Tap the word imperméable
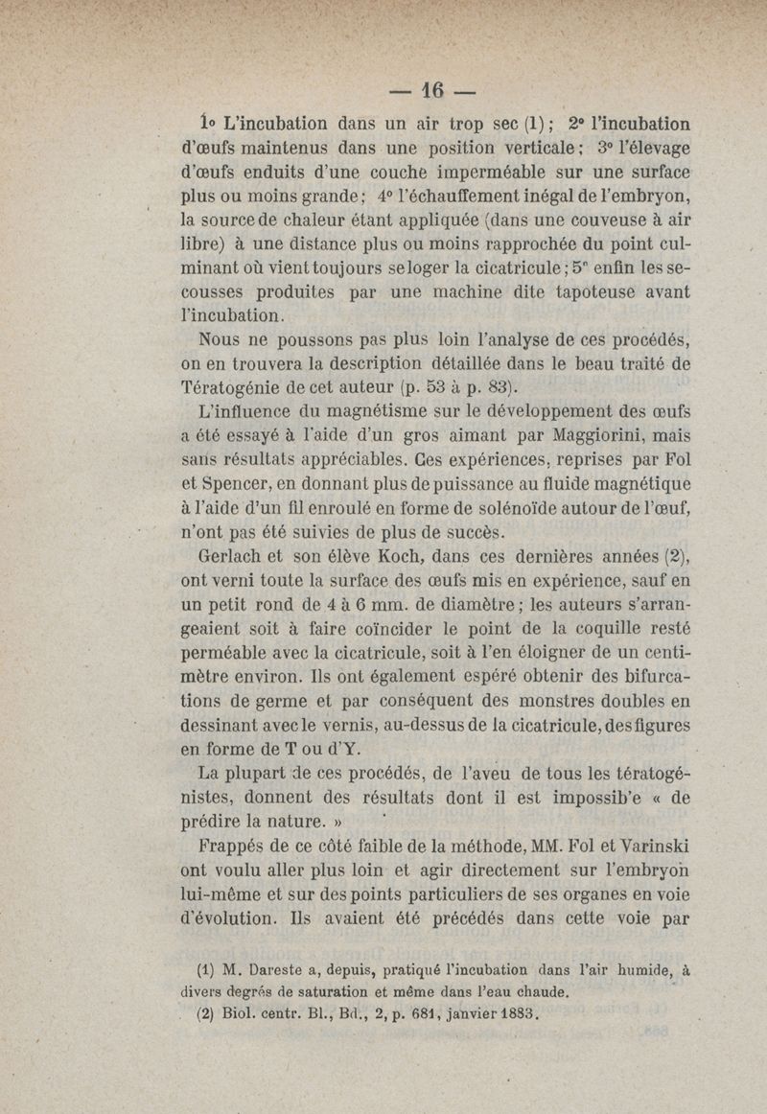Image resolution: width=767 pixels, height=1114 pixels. click(420, 174)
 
